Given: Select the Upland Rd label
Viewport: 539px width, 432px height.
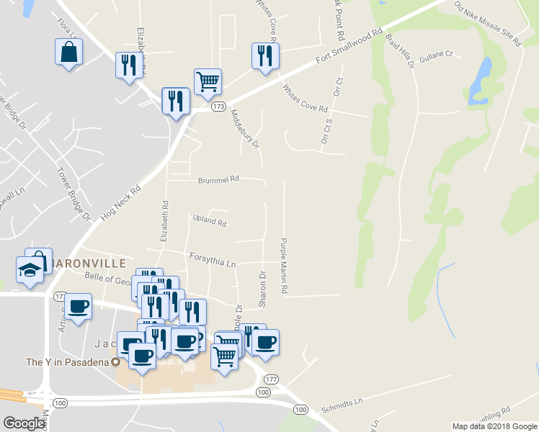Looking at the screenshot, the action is (210, 221).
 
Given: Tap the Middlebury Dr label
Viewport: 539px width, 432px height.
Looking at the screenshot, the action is (245, 128).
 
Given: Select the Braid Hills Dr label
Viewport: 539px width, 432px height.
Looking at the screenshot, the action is (399, 50).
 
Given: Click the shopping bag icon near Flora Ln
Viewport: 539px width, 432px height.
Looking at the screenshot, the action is (68, 52).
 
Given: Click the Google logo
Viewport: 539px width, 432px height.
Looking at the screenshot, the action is (24, 423).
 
